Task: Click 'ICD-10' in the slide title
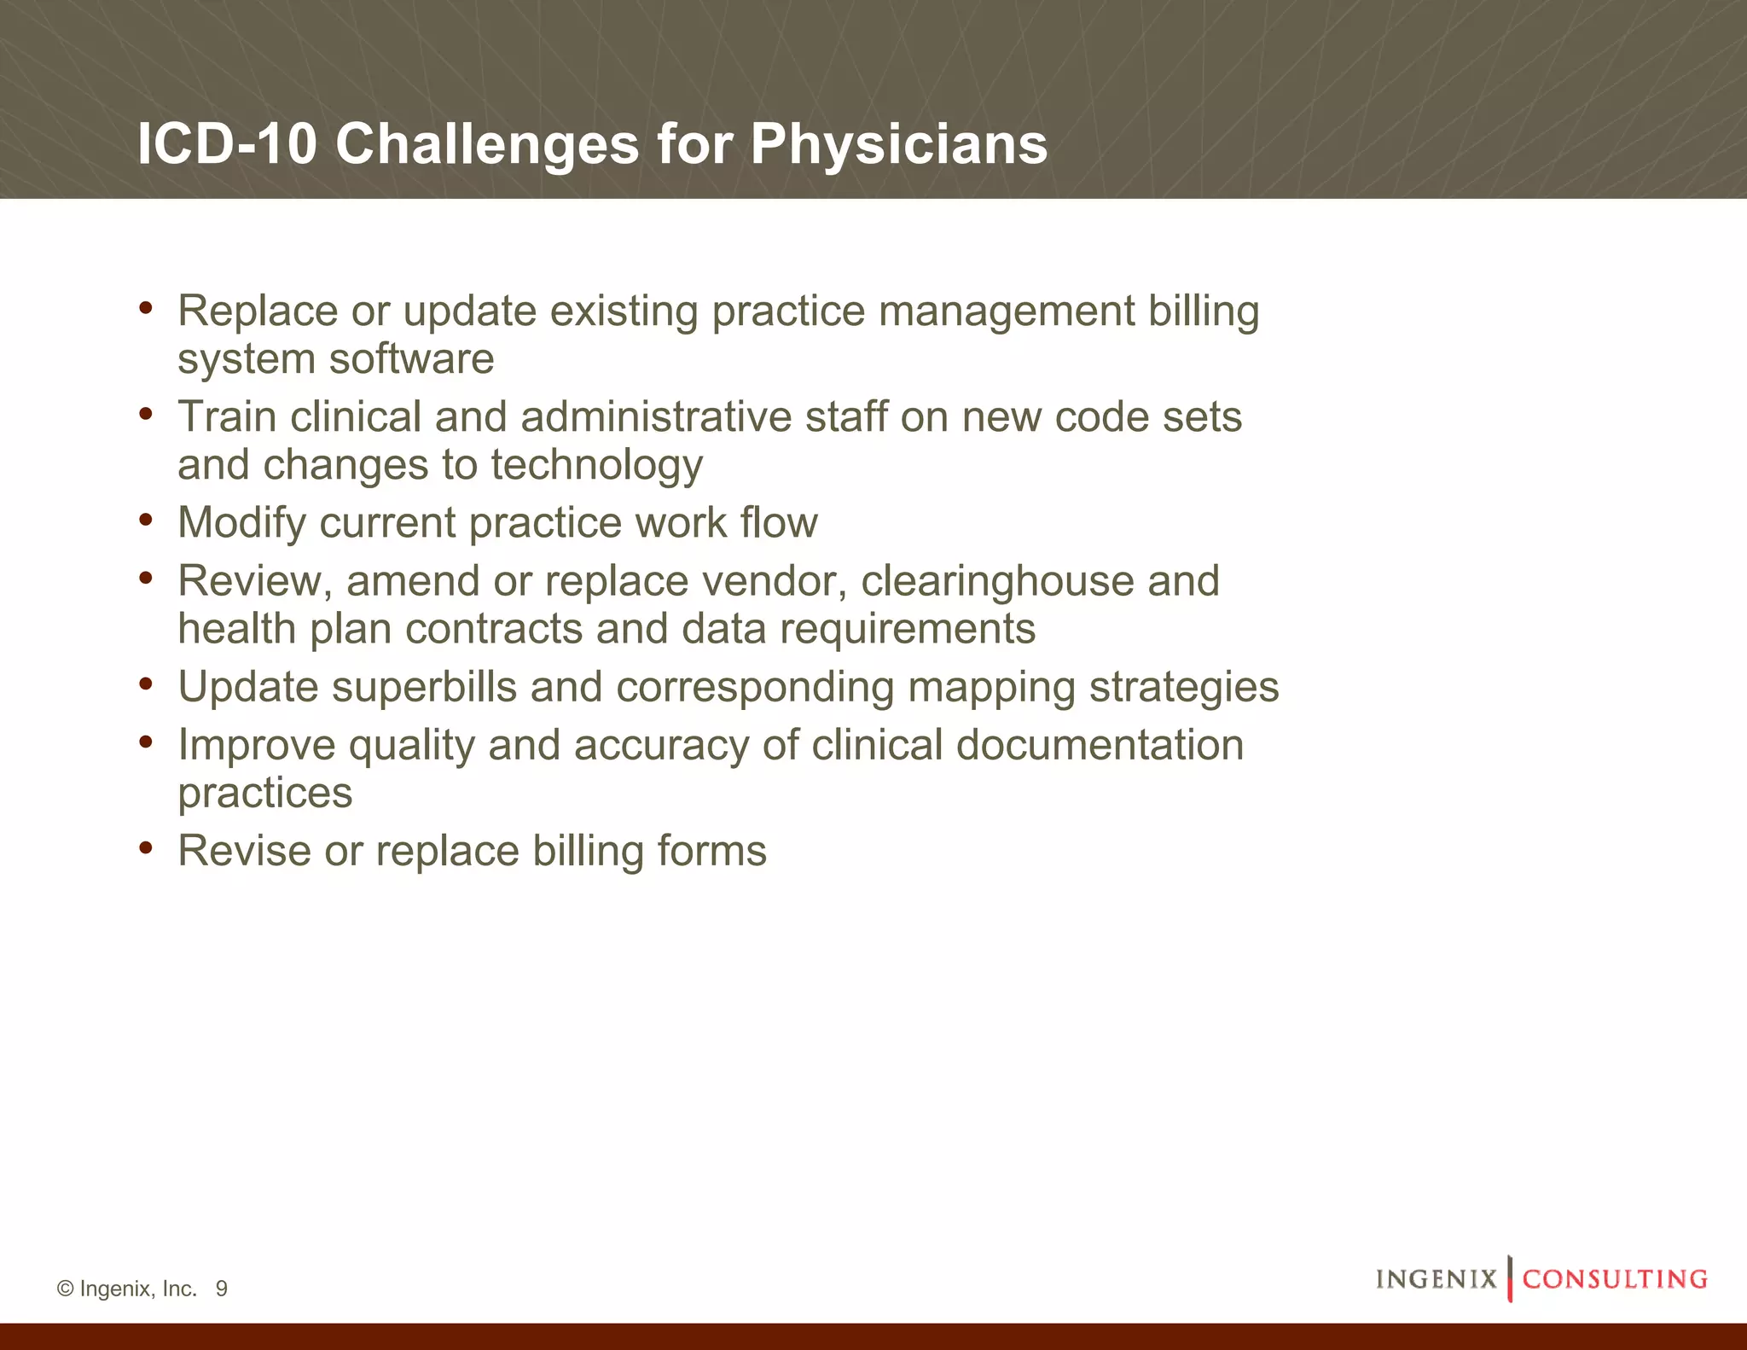point(227,143)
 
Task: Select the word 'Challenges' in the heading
point(487,143)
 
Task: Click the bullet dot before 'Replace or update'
point(146,307)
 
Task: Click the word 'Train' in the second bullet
point(227,417)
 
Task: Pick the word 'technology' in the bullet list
point(596,466)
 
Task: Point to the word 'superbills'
point(424,687)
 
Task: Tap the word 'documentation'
point(1100,745)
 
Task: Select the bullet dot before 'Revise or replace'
point(146,847)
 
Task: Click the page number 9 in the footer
point(222,1289)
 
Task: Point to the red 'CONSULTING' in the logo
point(1615,1279)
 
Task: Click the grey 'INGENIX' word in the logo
point(1436,1279)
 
